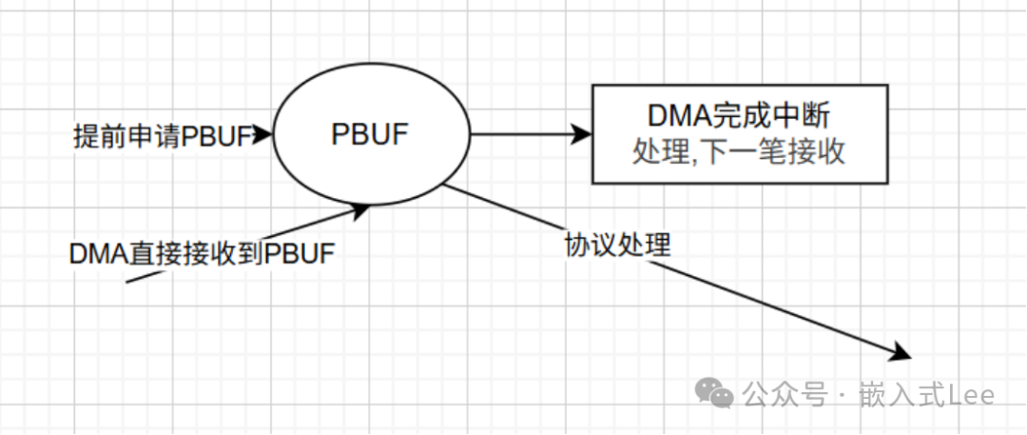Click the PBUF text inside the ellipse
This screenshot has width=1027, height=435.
(370, 134)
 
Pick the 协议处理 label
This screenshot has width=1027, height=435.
(617, 245)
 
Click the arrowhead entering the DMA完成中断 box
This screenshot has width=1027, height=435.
(582, 134)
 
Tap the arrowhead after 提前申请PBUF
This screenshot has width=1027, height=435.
(264, 135)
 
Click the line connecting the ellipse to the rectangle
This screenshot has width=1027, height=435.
(523, 134)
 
